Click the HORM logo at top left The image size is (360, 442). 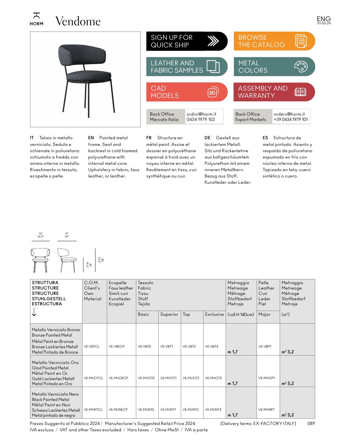36,19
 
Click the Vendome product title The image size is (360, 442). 78,21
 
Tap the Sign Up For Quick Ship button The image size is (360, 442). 186,41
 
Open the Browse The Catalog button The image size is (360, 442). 274,41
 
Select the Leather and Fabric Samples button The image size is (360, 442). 186,67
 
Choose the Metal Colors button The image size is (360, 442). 274,67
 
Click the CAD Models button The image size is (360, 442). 186,92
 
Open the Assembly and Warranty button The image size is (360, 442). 274,92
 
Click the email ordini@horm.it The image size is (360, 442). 201,114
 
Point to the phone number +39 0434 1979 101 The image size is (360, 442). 290,119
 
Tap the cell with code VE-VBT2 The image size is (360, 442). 189,346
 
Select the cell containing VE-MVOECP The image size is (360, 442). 119,378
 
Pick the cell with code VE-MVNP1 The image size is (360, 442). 266,409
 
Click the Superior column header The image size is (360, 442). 169,314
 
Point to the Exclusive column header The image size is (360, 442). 214,314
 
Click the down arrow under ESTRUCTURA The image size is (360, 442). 34,312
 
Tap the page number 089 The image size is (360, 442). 311,423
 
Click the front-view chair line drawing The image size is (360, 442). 40,260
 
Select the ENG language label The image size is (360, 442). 324,19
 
